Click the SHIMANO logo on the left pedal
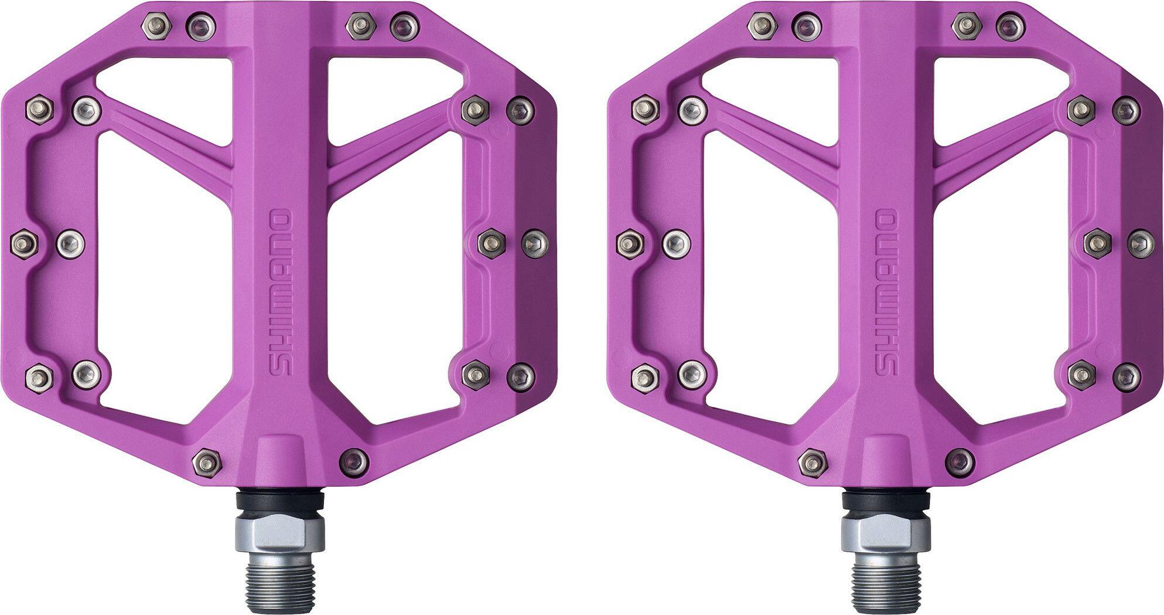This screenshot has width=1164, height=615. coord(279,293)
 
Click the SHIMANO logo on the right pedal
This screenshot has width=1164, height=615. coord(886,293)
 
